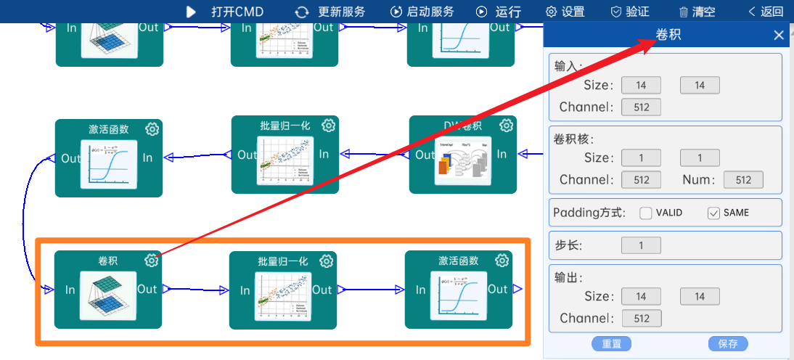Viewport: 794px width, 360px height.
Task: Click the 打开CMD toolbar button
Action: [225, 12]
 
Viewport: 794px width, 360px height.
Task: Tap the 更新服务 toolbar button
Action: [330, 12]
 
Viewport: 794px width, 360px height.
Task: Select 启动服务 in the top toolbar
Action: [422, 12]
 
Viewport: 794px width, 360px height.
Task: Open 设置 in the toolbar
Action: [565, 12]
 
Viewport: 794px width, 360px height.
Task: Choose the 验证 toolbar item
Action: [629, 12]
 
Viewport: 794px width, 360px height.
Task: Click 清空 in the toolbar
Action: [697, 12]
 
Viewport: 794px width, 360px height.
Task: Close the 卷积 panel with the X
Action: [779, 35]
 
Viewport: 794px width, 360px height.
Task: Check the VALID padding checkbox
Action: [646, 213]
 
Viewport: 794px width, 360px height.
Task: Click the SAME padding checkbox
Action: [713, 213]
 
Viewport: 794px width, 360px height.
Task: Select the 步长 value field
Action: [641, 245]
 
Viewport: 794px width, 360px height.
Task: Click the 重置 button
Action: [611, 344]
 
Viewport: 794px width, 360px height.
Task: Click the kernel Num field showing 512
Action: [743, 180]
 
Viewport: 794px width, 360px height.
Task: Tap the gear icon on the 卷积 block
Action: [151, 261]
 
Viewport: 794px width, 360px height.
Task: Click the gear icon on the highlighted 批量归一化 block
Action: [327, 261]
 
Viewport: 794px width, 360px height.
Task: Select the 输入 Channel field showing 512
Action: [641, 107]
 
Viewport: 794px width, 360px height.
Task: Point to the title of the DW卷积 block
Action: [462, 126]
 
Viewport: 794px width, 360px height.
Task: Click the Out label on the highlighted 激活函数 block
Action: [497, 290]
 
